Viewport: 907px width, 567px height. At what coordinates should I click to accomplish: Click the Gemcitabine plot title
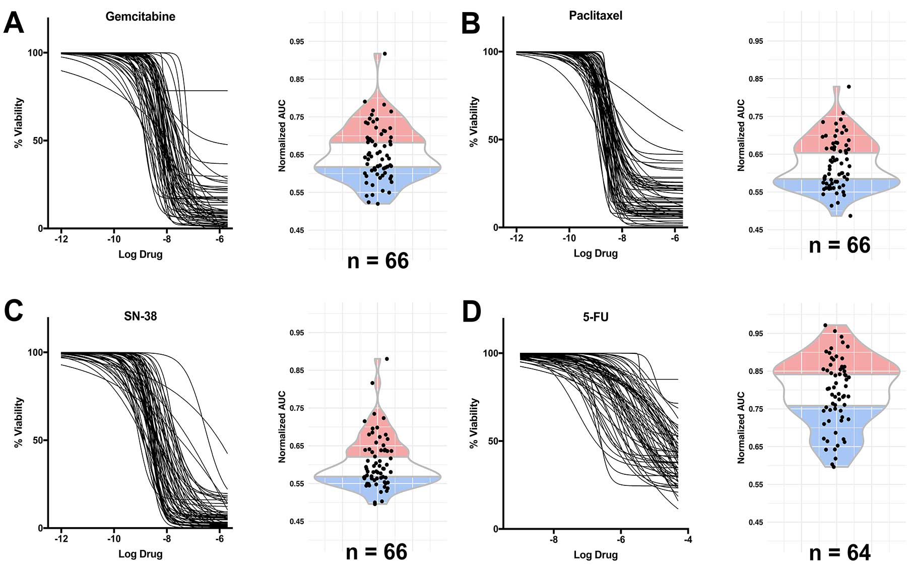140,17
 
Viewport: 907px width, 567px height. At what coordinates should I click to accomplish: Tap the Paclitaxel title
595,16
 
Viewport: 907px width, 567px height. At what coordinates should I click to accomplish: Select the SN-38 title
140,317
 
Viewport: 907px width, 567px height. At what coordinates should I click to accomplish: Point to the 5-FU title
595,317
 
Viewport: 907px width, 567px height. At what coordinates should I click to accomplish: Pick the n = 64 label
839,553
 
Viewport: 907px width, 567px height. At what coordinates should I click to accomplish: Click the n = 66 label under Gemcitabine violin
378,261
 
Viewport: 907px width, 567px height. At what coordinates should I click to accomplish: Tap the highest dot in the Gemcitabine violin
384,53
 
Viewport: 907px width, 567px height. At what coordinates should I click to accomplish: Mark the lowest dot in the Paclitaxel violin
850,216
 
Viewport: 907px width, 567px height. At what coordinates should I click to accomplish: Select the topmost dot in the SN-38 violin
386,359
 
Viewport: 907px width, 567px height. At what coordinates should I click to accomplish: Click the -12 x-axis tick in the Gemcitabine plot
61,239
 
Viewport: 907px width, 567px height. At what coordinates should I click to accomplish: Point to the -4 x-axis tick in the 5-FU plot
688,540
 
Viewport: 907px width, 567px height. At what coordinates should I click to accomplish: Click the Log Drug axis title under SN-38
140,554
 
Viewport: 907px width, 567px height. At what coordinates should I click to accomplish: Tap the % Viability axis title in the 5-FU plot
473,423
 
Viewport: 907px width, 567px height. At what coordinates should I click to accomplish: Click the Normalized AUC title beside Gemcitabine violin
282,136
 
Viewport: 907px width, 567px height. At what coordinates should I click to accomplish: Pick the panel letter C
14,311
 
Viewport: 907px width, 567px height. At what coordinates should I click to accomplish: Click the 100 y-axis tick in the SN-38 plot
35,352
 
